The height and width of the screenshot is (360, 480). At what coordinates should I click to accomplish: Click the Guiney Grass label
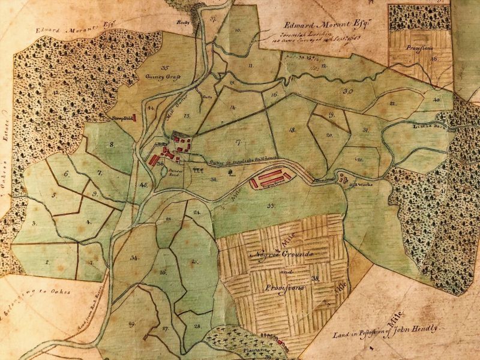(163, 77)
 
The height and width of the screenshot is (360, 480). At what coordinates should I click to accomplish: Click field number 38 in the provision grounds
(315, 278)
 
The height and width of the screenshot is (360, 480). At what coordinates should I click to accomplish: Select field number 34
(134, 257)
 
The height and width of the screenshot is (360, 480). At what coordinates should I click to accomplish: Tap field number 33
(271, 206)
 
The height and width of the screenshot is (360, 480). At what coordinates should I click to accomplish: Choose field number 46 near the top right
(433, 59)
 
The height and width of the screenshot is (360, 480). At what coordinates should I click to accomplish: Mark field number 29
(130, 324)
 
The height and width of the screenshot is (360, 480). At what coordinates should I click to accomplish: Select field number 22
(393, 103)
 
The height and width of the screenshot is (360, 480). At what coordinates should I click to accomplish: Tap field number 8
(112, 145)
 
